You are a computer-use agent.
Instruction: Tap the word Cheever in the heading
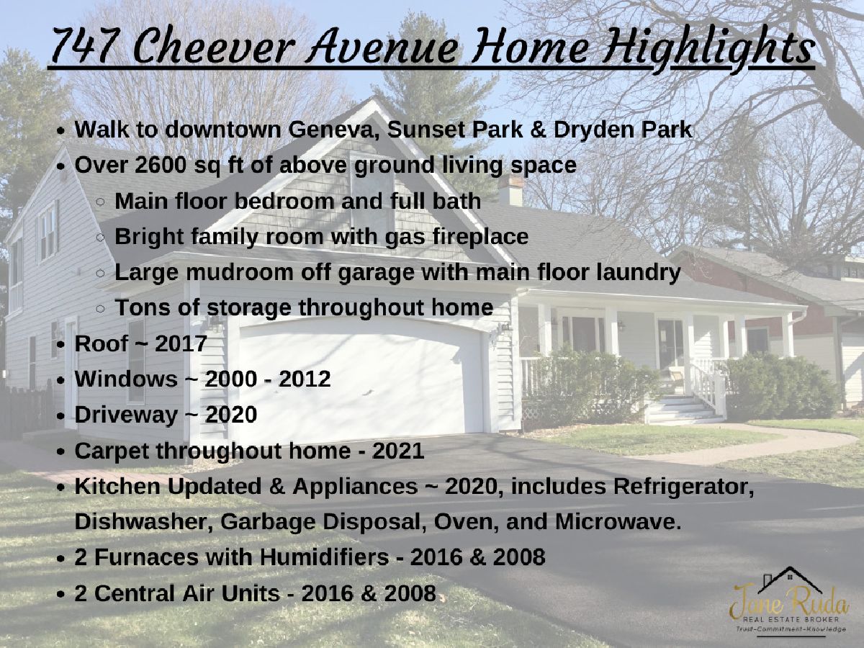click(x=215, y=45)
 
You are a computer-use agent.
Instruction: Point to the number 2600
click(x=160, y=165)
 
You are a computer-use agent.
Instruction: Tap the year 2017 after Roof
click(x=181, y=343)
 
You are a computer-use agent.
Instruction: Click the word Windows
click(x=126, y=379)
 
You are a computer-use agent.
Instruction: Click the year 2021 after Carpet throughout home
click(x=398, y=451)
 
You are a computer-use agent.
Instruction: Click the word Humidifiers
click(x=324, y=557)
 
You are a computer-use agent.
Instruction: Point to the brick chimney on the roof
click(x=510, y=190)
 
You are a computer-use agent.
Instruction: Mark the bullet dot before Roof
click(x=60, y=345)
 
